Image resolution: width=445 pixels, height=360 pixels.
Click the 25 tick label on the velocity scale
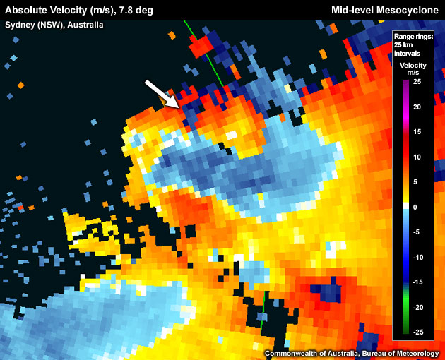(417, 83)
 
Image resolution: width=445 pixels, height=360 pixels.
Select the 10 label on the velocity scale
(417, 157)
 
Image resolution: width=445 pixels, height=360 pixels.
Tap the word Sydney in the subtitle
(21, 25)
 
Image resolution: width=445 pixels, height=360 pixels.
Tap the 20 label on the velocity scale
(417, 107)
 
